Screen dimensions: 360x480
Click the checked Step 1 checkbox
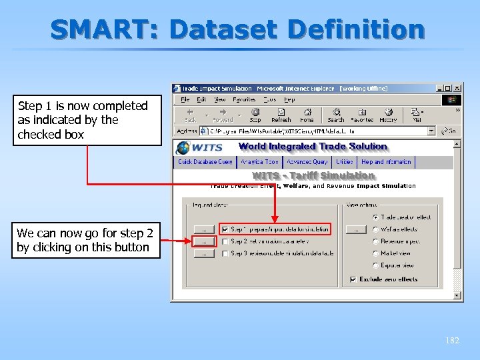pos(225,229)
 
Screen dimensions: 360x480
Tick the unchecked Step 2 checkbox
pos(225,241)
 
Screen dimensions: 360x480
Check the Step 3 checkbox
pos(225,253)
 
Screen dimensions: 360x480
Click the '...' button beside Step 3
pos(203,253)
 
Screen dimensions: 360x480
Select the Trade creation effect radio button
pos(376,217)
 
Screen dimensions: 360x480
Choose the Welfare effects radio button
pos(376,229)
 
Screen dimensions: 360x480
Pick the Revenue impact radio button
pos(376,241)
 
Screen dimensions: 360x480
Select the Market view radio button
pos(376,253)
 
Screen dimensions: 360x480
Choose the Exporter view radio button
pos(376,265)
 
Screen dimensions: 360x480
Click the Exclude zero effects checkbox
pos(353,279)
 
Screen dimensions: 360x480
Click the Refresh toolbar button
pos(281,115)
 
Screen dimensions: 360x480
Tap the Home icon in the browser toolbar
pos(307,115)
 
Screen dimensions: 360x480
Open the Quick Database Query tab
pos(205,162)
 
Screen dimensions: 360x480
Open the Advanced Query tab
pos(307,162)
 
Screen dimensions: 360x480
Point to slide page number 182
pos(452,340)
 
